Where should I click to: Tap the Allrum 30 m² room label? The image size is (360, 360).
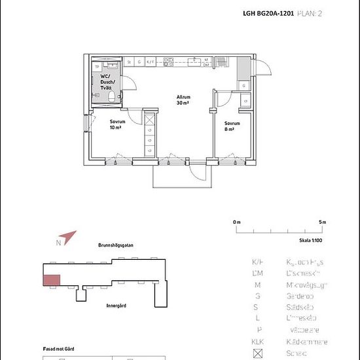point(183,100)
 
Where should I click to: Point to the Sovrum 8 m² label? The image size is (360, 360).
point(232,126)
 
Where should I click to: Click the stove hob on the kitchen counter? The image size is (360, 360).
point(194,62)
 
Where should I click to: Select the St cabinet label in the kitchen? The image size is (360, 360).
point(130,62)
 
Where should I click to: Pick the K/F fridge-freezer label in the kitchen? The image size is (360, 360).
point(150,62)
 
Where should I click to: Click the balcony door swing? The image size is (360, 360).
point(197,169)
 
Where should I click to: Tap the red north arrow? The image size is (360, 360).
point(67,236)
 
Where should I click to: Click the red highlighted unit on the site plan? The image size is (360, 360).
point(52,280)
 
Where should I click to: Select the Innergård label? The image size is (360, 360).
point(117,305)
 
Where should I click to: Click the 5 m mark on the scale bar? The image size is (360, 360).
point(323,223)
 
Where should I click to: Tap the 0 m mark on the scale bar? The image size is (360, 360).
point(236,223)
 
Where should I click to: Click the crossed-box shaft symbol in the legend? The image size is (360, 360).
point(257,353)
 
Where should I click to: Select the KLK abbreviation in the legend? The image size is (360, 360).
point(257,342)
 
